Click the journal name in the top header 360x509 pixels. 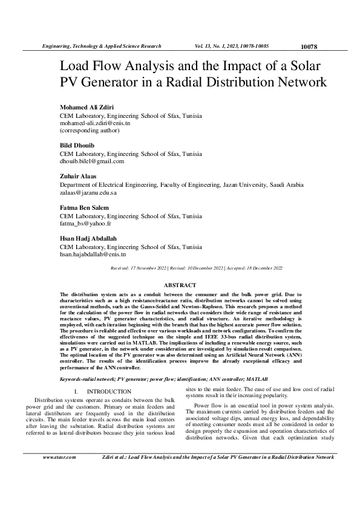101,46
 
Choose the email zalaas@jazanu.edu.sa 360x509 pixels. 88,192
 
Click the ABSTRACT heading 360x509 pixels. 180,285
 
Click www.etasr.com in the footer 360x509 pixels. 59,457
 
